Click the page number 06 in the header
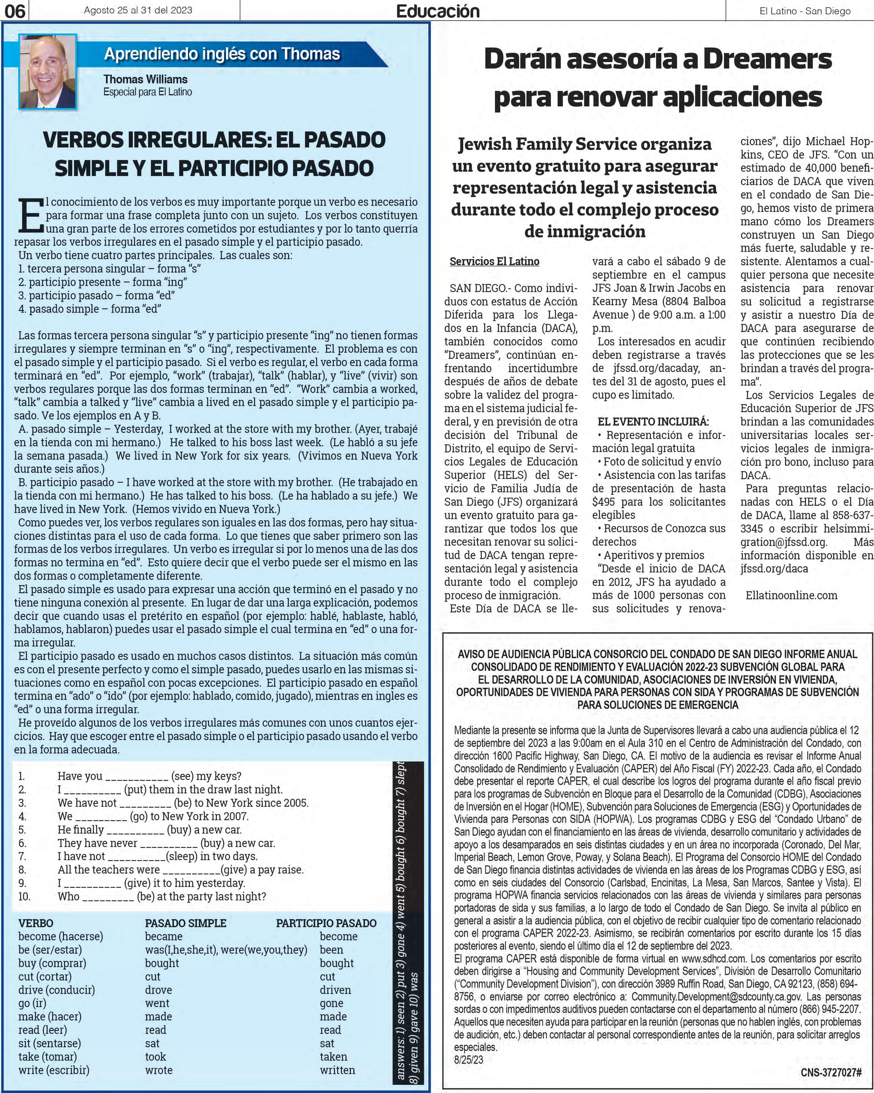[15, 11]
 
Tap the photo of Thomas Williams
[47, 71]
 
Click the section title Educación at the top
[438, 11]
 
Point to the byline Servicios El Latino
[494, 261]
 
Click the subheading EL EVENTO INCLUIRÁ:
[653, 422]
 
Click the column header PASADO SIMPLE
[186, 923]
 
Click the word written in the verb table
[337, 1070]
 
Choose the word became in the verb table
[164, 936]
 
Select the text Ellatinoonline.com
[792, 595]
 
